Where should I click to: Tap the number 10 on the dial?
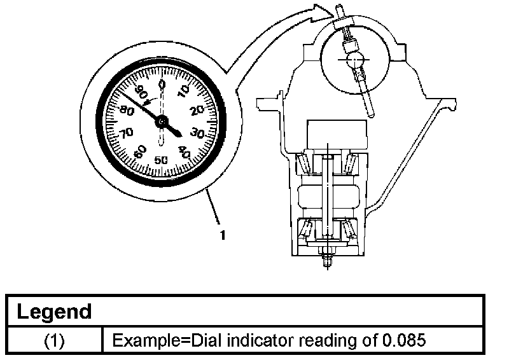pos(184,92)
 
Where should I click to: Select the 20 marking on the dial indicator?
pos(197,110)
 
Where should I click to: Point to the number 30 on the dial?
pos(197,133)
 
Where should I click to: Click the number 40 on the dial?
pos(183,151)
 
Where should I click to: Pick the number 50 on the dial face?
pos(161,159)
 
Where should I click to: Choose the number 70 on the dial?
pos(126,133)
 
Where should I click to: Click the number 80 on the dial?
pos(125,110)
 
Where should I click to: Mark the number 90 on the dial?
pos(141,91)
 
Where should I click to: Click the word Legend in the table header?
pos(54,312)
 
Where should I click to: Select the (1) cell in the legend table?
pos(55,340)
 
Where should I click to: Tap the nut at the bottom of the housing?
pos(326,259)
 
